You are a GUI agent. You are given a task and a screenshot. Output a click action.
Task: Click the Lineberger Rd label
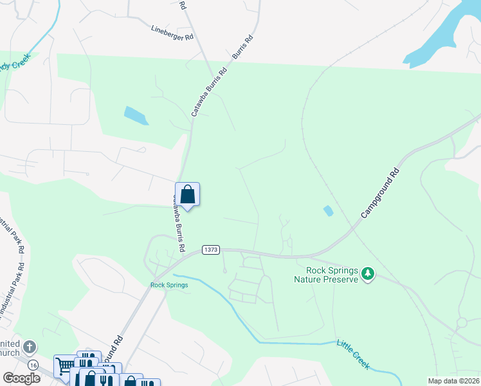click(x=172, y=33)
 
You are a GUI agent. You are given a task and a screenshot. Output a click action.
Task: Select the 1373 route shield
click(x=210, y=249)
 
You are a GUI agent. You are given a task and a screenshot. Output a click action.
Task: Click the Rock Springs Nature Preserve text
click(x=325, y=275)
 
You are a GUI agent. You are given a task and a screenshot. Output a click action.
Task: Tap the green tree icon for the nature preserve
click(x=368, y=274)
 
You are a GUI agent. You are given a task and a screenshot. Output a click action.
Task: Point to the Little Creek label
click(x=353, y=354)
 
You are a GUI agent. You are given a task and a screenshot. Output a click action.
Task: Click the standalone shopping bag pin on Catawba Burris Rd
click(x=187, y=194)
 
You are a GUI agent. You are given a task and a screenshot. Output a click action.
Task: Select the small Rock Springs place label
click(x=169, y=285)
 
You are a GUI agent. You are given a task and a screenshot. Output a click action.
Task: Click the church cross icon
click(x=29, y=348)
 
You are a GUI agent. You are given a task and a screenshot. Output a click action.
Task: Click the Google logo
click(x=22, y=378)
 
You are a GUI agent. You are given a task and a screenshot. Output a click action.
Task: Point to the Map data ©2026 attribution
click(x=453, y=381)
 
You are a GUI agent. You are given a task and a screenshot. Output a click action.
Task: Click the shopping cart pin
click(x=64, y=365)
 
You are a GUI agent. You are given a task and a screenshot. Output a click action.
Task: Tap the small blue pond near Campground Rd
click(x=328, y=210)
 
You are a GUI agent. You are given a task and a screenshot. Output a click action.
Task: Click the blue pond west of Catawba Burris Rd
click(x=135, y=116)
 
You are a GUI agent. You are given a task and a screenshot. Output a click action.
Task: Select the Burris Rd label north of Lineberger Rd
click(x=242, y=48)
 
